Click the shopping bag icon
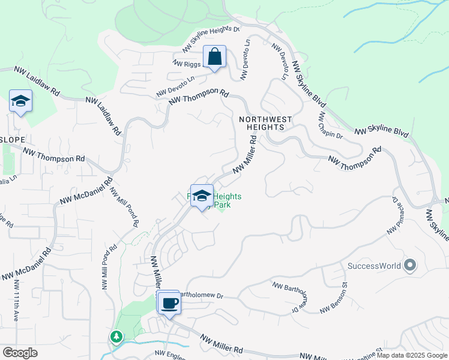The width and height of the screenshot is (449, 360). (214, 58)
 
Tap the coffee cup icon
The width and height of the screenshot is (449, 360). (169, 302)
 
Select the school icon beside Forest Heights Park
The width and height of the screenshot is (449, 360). (202, 196)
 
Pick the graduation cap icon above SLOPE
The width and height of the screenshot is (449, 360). (20, 101)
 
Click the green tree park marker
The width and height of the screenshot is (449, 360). (115, 337)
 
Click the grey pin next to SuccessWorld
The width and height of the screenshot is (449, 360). (411, 265)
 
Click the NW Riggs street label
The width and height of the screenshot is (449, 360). (187, 62)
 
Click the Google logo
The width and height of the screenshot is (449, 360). (20, 352)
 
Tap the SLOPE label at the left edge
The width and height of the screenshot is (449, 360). (13, 140)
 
